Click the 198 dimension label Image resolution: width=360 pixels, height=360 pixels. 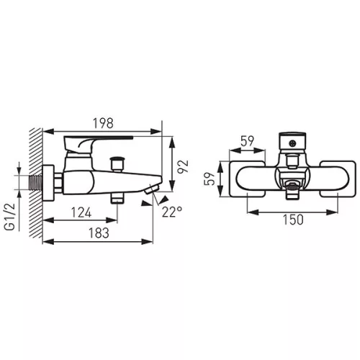(x=103, y=123)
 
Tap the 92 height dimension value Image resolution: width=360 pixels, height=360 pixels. (x=183, y=166)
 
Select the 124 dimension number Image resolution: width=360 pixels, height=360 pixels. (x=81, y=212)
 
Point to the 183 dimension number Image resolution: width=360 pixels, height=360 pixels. (x=99, y=233)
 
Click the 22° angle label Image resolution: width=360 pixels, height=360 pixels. (x=172, y=212)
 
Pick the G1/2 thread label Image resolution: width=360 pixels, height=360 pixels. (x=10, y=217)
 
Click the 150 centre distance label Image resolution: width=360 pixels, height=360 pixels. (x=293, y=220)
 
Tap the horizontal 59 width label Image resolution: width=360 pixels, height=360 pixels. (x=247, y=141)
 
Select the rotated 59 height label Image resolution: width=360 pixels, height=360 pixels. (x=210, y=179)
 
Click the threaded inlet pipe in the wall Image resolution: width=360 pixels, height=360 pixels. (x=35, y=183)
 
